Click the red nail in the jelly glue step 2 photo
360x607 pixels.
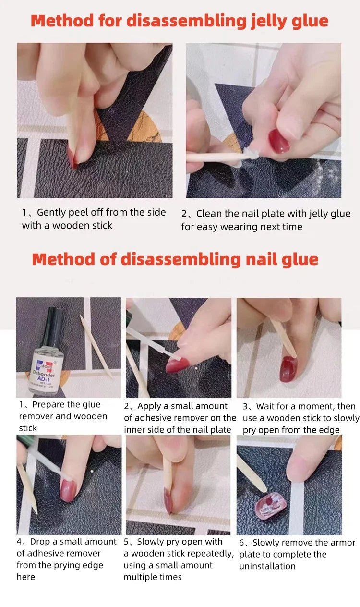[x=279, y=140]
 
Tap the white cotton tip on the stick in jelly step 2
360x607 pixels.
[x=248, y=153]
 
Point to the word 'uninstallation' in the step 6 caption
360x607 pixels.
[x=267, y=566]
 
